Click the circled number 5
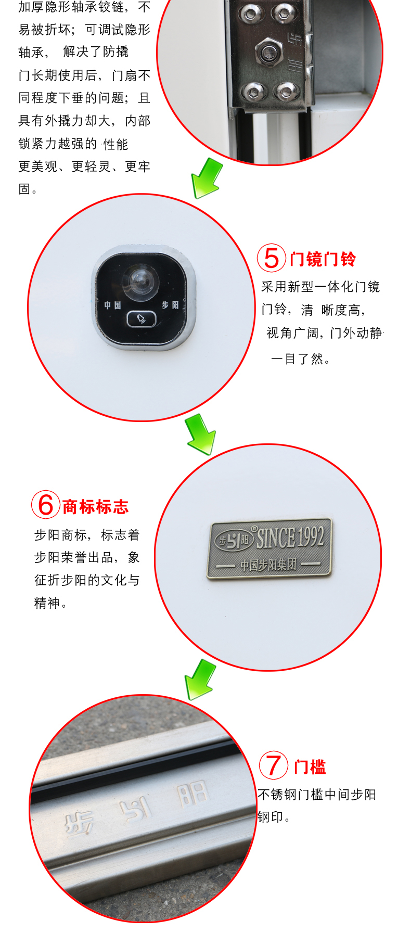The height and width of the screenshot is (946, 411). [272, 258]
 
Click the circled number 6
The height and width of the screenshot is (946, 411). [46, 505]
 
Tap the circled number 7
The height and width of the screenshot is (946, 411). [274, 765]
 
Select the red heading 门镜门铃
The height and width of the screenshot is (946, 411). [323, 259]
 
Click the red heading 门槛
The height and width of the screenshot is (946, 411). [310, 767]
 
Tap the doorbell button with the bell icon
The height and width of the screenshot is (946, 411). [141, 318]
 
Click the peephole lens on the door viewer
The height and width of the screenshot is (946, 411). [139, 280]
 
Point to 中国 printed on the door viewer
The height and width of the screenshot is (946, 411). [112, 305]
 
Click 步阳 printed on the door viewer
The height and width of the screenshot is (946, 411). [170, 305]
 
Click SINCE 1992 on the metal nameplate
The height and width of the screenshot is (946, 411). [290, 538]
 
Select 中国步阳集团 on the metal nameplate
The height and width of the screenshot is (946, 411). [268, 565]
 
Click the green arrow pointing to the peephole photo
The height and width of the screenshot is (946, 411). [207, 178]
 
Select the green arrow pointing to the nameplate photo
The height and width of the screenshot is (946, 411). [200, 434]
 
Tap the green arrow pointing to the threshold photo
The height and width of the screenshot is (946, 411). [200, 680]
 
